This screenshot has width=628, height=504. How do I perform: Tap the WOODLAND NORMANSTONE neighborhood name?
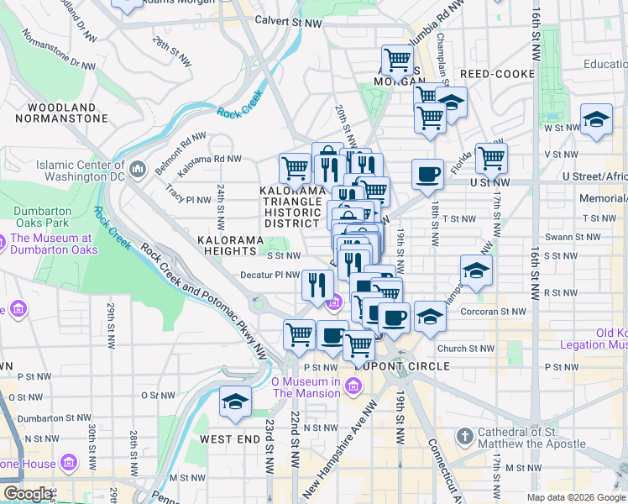61,113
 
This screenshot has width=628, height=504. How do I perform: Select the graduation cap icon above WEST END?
235,402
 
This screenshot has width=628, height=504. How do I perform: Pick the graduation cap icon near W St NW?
596,120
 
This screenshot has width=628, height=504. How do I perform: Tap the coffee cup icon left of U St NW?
427,174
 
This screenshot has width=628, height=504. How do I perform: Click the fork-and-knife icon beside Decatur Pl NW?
317,283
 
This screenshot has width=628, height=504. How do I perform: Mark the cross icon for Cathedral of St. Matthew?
464,437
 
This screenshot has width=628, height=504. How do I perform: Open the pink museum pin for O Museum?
353,386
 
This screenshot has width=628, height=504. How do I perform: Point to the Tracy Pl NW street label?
187,200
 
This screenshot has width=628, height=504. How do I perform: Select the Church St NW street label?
466,349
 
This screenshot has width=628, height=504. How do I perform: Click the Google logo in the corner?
27,494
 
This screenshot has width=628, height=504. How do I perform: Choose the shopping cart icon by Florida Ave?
491,157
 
